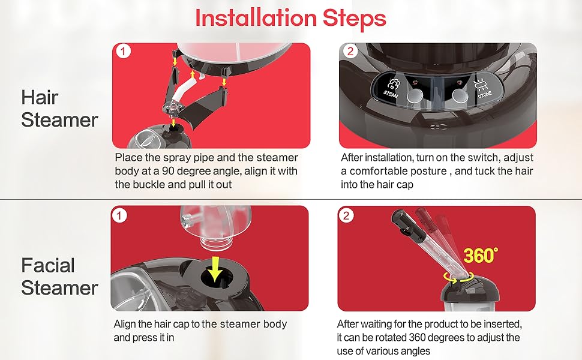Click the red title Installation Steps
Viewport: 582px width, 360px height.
290,18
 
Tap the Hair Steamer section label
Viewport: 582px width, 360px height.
59,109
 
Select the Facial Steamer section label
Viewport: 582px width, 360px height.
59,277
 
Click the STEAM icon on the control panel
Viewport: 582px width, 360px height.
392,88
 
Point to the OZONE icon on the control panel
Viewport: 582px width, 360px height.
483,89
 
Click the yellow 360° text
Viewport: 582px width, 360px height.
481,255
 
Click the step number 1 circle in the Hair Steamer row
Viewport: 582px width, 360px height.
123,51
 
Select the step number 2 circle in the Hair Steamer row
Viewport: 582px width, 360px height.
350,51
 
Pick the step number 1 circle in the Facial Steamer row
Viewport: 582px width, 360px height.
119,215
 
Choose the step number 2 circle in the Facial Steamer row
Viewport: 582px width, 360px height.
346,215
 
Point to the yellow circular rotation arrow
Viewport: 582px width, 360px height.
459,277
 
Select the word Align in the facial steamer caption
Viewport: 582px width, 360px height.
125,324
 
